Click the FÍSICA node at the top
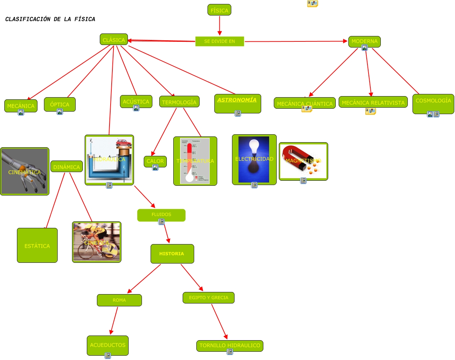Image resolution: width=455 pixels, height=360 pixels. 219,10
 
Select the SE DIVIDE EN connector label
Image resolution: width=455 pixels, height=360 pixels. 219,41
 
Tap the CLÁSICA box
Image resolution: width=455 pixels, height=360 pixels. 113,40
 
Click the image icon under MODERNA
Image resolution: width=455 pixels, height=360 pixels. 365,48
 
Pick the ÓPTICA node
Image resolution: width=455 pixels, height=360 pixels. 59,104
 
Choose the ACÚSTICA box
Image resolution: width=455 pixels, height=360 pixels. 136,102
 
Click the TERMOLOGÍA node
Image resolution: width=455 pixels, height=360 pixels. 179,102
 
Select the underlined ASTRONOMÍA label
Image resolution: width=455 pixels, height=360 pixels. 237,100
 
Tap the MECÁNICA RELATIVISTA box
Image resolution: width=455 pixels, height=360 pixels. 373,102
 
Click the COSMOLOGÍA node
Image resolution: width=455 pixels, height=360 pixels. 433,101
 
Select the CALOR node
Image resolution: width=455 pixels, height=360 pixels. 155,161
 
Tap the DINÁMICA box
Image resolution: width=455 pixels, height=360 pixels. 66,167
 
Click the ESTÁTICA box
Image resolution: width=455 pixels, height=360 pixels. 37,246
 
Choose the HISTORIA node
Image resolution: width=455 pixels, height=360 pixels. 172,254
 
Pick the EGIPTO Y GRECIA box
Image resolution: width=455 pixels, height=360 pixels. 209,298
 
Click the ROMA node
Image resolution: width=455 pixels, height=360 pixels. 119,300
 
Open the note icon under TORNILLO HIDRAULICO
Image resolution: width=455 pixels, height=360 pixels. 230,352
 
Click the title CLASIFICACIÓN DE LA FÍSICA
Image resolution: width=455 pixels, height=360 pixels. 50,19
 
